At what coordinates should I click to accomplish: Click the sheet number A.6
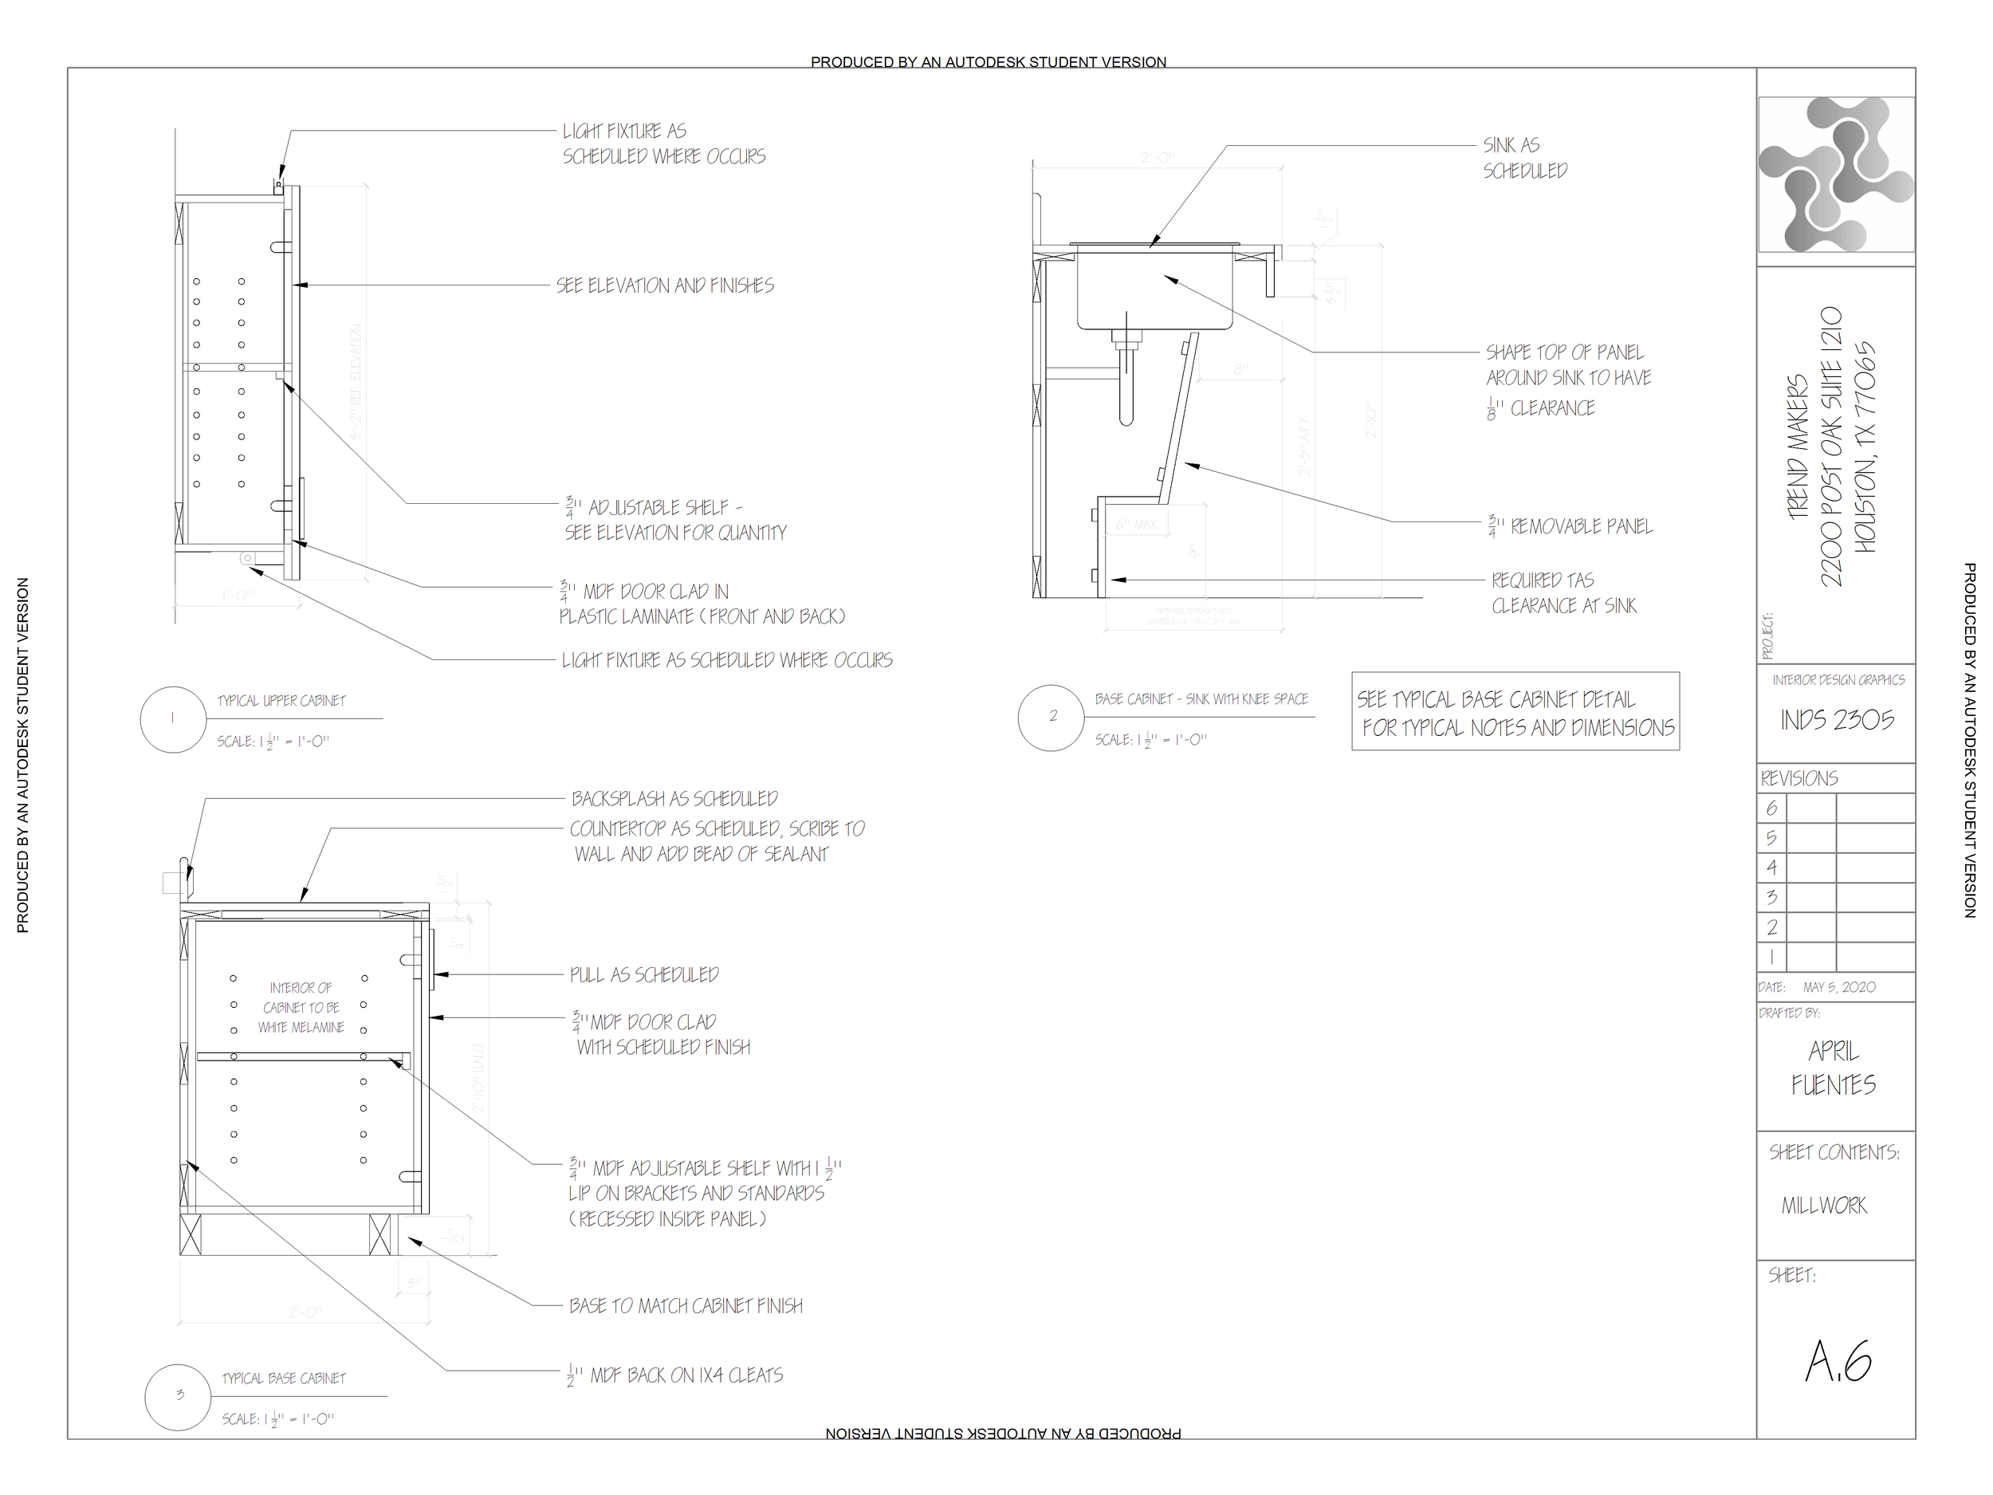point(1838,1362)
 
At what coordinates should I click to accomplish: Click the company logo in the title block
point(1835,174)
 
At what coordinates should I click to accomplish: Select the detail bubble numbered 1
point(173,719)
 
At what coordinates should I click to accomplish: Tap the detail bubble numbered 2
point(1052,718)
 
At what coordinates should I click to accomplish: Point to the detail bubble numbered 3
point(179,1396)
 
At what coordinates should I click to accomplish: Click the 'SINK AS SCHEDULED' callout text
point(1524,158)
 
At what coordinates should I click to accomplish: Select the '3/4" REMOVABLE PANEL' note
point(1570,526)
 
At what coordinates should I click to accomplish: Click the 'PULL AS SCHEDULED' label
point(644,975)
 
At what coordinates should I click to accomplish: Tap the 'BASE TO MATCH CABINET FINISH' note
point(686,1306)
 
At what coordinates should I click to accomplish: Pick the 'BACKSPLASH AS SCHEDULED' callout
point(674,799)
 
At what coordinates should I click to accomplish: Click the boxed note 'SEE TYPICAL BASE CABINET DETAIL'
point(1515,713)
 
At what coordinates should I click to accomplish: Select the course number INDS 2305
point(1836,720)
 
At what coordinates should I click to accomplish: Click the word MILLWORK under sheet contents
point(1824,1206)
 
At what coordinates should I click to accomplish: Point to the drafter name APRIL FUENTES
point(1834,1068)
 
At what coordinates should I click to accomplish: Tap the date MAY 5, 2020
point(1839,988)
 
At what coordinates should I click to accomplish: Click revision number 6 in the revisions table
point(1771,808)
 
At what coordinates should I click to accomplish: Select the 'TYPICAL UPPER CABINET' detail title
point(281,701)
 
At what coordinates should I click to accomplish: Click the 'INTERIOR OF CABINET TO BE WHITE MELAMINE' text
point(301,1008)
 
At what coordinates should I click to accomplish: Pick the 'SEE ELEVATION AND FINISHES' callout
point(665,285)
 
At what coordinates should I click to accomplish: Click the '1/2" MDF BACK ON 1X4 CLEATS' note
point(676,1376)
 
